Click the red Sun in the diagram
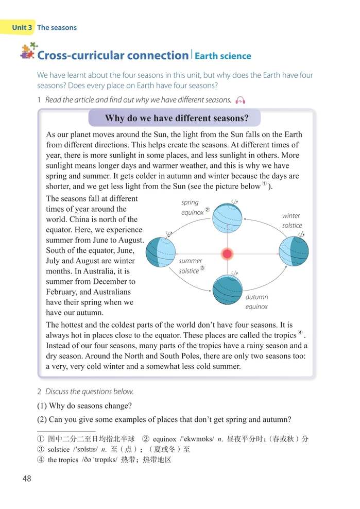[227, 253]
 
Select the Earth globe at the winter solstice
[294, 251]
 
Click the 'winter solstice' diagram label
[292, 220]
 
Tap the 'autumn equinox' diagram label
[256, 302]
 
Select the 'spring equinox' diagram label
[192, 207]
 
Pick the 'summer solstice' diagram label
[191, 266]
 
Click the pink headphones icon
[239, 99]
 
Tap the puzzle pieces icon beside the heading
[29, 50]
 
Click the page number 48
[27, 479]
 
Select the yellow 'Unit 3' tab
[22, 27]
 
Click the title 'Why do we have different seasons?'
[176, 118]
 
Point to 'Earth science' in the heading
[222, 56]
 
